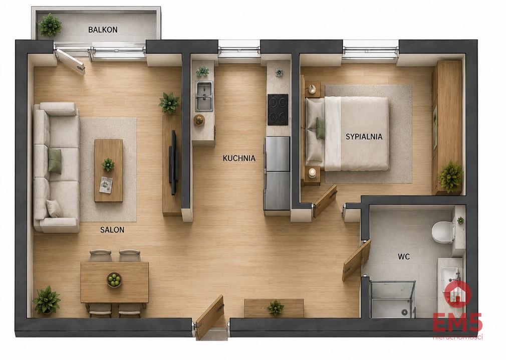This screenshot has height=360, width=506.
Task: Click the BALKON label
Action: click(103, 30)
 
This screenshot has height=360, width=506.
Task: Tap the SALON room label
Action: click(112, 230)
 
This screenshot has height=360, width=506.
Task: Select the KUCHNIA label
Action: click(239, 158)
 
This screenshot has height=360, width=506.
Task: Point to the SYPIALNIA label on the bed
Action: click(364, 136)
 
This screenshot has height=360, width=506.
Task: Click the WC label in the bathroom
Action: click(404, 257)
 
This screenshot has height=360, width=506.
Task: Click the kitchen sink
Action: click(204, 96)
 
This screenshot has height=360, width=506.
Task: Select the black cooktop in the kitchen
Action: click(278, 109)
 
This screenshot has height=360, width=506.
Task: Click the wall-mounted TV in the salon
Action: click(174, 162)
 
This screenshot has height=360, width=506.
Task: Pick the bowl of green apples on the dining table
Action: click(114, 280)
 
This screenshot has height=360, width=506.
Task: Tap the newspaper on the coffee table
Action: click(106, 185)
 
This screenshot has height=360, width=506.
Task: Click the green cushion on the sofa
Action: click(55, 161)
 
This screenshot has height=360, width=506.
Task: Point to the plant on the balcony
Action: click(50, 25)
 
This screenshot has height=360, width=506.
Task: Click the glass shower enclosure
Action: click(392, 299)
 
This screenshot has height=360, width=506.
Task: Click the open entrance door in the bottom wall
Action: click(210, 317)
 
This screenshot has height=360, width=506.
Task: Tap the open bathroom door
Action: click(357, 261)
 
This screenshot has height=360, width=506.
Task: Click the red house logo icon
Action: click(457, 294)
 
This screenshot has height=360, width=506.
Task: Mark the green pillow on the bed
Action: click(321, 128)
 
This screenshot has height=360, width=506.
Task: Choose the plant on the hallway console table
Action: click(276, 308)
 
